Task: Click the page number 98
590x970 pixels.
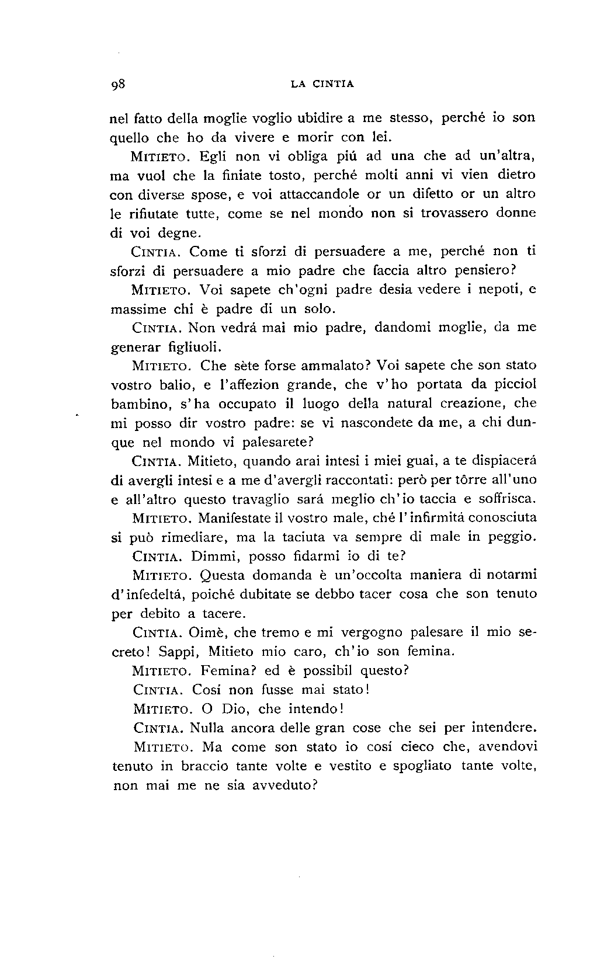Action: coord(119,84)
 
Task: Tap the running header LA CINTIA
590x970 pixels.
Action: coord(322,84)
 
